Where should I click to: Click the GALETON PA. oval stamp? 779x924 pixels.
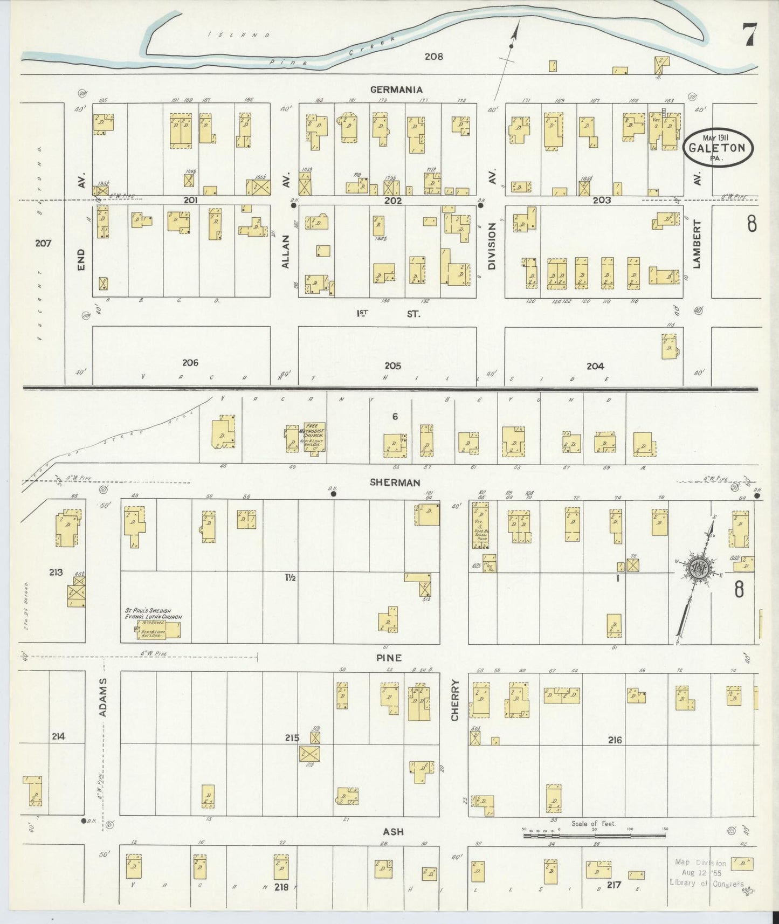(x=719, y=147)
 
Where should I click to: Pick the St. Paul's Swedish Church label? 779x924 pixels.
(x=154, y=613)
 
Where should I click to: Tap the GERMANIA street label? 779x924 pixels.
(x=396, y=89)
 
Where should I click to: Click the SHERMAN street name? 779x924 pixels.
(x=395, y=482)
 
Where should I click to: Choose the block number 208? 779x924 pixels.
(x=433, y=56)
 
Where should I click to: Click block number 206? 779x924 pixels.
(x=190, y=362)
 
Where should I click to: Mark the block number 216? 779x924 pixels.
(x=615, y=740)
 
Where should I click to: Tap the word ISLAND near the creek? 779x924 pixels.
(x=239, y=35)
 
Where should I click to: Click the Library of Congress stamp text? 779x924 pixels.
(x=706, y=882)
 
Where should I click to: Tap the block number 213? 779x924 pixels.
(x=56, y=572)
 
